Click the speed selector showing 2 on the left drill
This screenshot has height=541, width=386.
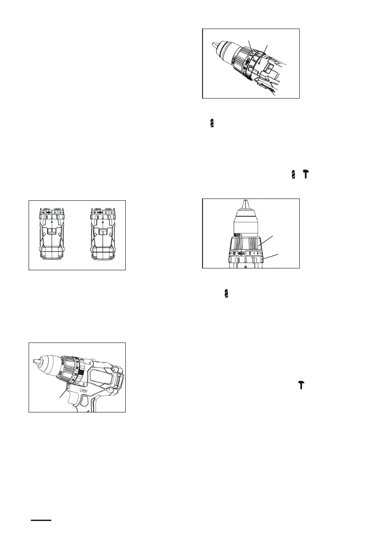pos(52,231)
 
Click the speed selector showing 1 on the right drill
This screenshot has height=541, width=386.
pos(103,232)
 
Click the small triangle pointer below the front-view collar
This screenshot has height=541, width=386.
pos(245,268)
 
